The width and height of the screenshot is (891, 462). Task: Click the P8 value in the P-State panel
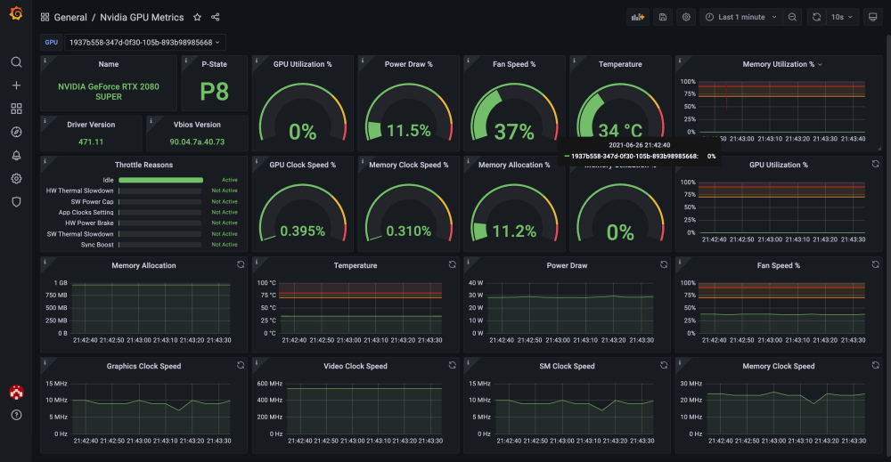[214, 93]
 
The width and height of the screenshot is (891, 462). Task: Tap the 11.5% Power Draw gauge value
[409, 132]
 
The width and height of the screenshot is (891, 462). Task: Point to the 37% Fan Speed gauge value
[514, 132]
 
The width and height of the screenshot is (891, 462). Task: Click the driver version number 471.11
[91, 142]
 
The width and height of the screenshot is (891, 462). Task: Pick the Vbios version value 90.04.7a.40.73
[197, 142]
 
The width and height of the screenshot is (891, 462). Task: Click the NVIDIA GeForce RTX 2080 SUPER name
[90, 91]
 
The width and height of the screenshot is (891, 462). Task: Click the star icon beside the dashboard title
[198, 17]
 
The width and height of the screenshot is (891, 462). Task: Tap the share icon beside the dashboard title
[216, 17]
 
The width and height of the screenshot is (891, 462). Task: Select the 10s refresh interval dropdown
[842, 17]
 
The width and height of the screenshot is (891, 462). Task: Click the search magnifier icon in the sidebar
[16, 62]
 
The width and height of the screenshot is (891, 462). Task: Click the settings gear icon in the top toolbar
[686, 17]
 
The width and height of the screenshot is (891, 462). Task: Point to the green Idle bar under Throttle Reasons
[159, 180]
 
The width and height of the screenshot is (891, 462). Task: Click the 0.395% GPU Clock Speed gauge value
[303, 231]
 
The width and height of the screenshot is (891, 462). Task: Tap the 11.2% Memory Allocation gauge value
[514, 231]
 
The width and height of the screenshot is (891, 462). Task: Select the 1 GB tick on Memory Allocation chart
[61, 283]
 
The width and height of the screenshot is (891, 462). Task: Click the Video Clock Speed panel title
[356, 366]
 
